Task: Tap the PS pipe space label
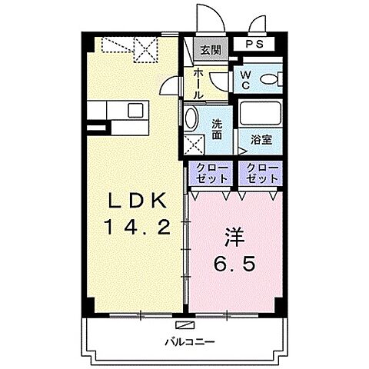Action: (x=254, y=45)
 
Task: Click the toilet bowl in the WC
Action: (x=271, y=78)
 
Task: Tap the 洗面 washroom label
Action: (x=218, y=128)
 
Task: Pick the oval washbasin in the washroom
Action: (x=192, y=118)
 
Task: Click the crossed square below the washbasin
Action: (x=193, y=143)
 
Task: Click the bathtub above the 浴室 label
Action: (x=261, y=117)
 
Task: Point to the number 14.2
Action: (x=138, y=227)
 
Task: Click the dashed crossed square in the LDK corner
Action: (x=145, y=51)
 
